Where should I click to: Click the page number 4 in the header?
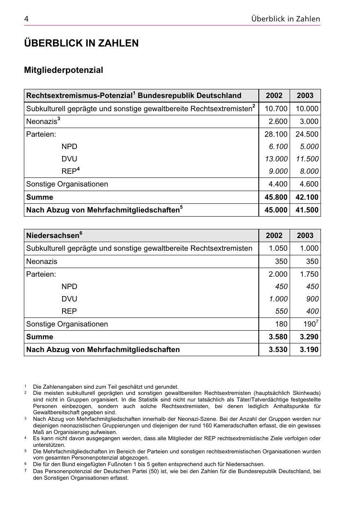[x=26, y=19]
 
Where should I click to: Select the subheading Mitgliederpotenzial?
[x=63, y=70]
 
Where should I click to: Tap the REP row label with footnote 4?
[x=70, y=171]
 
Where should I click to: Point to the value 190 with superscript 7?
[x=310, y=324]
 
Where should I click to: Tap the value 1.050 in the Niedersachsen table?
[x=278, y=248]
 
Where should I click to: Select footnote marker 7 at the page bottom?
[x=26, y=471]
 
